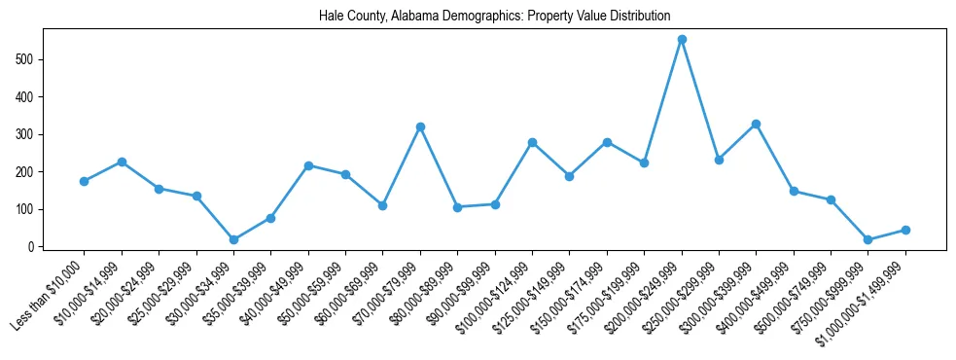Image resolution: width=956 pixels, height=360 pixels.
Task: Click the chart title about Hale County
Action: (x=494, y=17)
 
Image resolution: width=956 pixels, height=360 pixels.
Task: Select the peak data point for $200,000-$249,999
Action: (x=682, y=39)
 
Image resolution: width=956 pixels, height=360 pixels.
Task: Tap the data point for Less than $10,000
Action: (x=85, y=181)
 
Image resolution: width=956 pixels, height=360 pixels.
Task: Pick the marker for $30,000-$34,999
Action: (x=233, y=239)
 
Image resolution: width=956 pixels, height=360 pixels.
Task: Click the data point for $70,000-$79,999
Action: (x=420, y=126)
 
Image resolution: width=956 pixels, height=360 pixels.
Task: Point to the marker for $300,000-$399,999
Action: (x=756, y=124)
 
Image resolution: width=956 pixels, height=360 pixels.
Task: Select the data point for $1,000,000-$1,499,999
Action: (x=905, y=230)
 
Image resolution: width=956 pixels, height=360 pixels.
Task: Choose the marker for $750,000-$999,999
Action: (x=867, y=239)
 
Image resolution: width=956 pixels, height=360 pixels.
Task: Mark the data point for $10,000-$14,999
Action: (x=122, y=162)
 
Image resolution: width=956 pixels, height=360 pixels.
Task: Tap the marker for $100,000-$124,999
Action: (x=532, y=142)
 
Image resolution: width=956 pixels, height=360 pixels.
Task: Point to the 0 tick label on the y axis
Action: (x=32, y=247)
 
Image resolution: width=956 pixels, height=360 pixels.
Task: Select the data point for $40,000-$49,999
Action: (x=308, y=165)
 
